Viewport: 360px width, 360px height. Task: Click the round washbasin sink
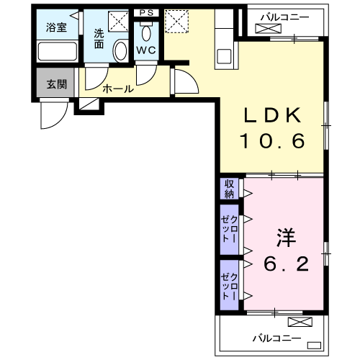120,50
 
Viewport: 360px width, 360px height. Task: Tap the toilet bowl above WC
147,32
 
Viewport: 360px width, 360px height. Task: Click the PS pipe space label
147,12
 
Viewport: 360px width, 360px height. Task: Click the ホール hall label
117,89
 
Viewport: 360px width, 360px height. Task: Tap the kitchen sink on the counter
224,55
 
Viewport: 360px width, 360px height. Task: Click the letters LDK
274,116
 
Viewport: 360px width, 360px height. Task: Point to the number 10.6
274,140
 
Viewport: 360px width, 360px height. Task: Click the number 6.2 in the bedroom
286,264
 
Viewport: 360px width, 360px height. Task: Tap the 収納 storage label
229,189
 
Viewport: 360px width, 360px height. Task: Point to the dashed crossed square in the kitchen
176,21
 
